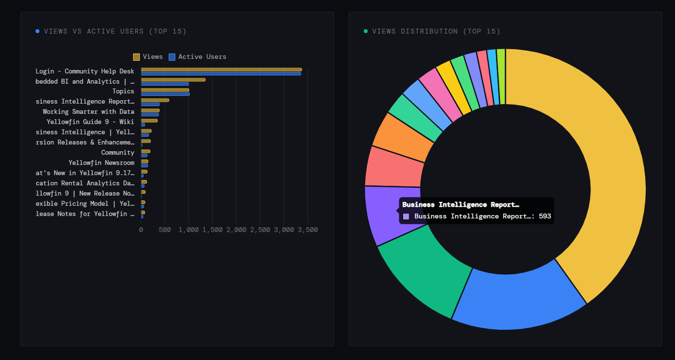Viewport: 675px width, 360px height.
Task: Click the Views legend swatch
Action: (x=137, y=57)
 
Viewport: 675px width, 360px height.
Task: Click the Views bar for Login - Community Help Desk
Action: (x=221, y=70)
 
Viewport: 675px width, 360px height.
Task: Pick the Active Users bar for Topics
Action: (x=165, y=94)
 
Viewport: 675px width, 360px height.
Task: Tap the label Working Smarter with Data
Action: (x=88, y=112)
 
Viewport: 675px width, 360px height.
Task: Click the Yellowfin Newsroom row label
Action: (x=101, y=163)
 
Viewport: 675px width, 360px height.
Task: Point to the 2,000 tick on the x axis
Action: (x=236, y=230)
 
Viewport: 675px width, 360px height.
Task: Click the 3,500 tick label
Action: (x=307, y=230)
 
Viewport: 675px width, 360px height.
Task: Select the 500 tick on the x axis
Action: (x=164, y=230)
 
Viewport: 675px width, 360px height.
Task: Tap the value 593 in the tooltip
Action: (x=545, y=216)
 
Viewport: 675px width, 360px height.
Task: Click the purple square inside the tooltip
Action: (x=406, y=216)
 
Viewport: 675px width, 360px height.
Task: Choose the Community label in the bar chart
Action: (x=117, y=153)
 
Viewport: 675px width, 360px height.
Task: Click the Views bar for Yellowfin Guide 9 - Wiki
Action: (x=149, y=120)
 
